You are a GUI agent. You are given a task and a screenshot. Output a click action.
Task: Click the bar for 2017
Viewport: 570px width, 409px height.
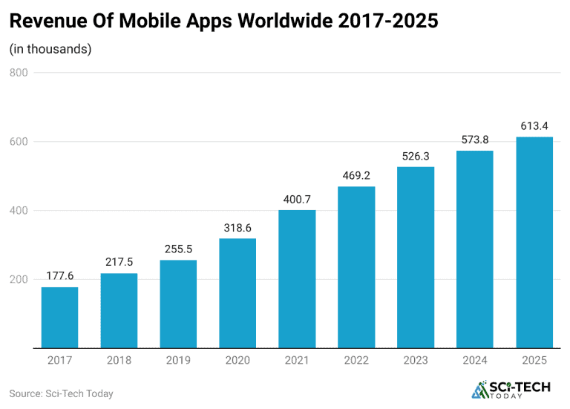point(59,318)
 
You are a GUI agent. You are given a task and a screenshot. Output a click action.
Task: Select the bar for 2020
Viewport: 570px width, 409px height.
point(237,293)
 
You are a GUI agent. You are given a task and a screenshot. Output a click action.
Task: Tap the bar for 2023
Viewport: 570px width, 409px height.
point(416,258)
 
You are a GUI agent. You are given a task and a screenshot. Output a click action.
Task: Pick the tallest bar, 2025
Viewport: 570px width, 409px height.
point(534,243)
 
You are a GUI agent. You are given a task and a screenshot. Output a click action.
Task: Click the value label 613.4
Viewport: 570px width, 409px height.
point(534,126)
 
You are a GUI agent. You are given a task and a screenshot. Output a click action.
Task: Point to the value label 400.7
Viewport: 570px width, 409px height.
point(297,200)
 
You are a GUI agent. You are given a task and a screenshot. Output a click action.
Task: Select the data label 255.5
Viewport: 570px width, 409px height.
point(178,249)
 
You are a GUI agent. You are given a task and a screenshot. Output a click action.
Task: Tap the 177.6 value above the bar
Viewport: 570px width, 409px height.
point(59,276)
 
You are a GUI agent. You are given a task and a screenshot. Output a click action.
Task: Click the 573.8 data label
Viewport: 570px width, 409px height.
point(475,140)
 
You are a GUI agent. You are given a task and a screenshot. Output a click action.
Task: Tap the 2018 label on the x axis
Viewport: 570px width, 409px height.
point(119,360)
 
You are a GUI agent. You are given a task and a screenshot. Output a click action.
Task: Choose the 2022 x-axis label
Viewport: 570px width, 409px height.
point(356,360)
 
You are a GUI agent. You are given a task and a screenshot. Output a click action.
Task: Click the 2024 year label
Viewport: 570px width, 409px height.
point(475,360)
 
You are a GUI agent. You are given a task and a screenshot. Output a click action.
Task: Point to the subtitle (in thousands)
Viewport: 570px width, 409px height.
point(50,50)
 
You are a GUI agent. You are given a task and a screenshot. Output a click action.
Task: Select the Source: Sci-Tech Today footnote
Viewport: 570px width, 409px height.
point(61,393)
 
